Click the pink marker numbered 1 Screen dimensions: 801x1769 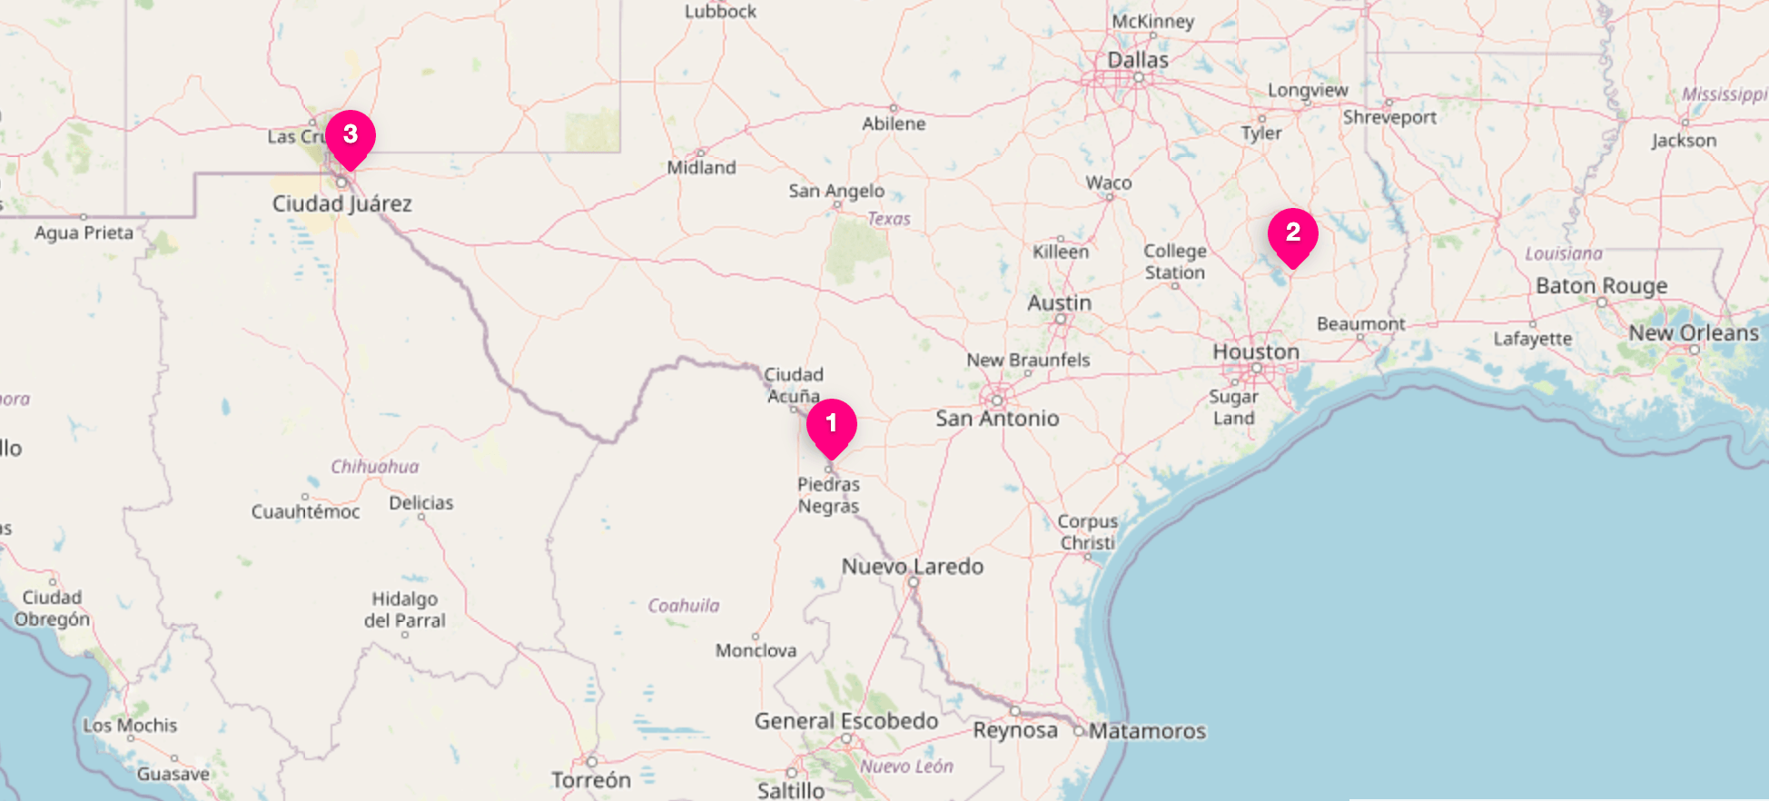[x=831, y=425]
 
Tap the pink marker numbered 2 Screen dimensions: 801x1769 [x=1292, y=234]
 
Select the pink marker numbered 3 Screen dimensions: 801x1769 [x=351, y=136]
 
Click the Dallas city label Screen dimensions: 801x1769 [x=1138, y=60]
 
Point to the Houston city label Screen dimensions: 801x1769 [x=1256, y=351]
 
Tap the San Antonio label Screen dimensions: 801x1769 [x=997, y=419]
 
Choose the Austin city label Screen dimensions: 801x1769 [x=1059, y=303]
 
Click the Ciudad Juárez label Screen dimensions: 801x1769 [x=342, y=204]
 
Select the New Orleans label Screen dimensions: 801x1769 [x=1694, y=333]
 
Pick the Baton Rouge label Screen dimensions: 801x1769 [x=1601, y=286]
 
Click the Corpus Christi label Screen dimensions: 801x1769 [x=1087, y=532]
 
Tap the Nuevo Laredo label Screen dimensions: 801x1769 [x=913, y=567]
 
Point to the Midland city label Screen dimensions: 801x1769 [x=701, y=168]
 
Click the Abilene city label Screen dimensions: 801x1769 [x=894, y=124]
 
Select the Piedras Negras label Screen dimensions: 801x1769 [x=828, y=496]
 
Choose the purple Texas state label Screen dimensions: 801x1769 [x=888, y=219]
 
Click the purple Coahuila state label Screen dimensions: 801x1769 [x=683, y=606]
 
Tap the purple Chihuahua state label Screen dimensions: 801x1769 [x=374, y=467]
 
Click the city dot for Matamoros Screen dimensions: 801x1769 [x=1079, y=731]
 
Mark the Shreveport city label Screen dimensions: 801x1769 [x=1389, y=118]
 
